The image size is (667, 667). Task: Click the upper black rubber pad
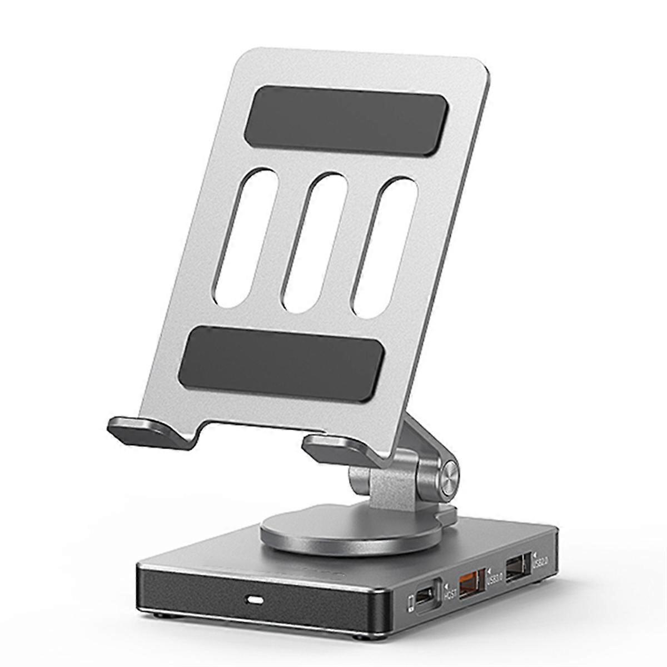[346, 117]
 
